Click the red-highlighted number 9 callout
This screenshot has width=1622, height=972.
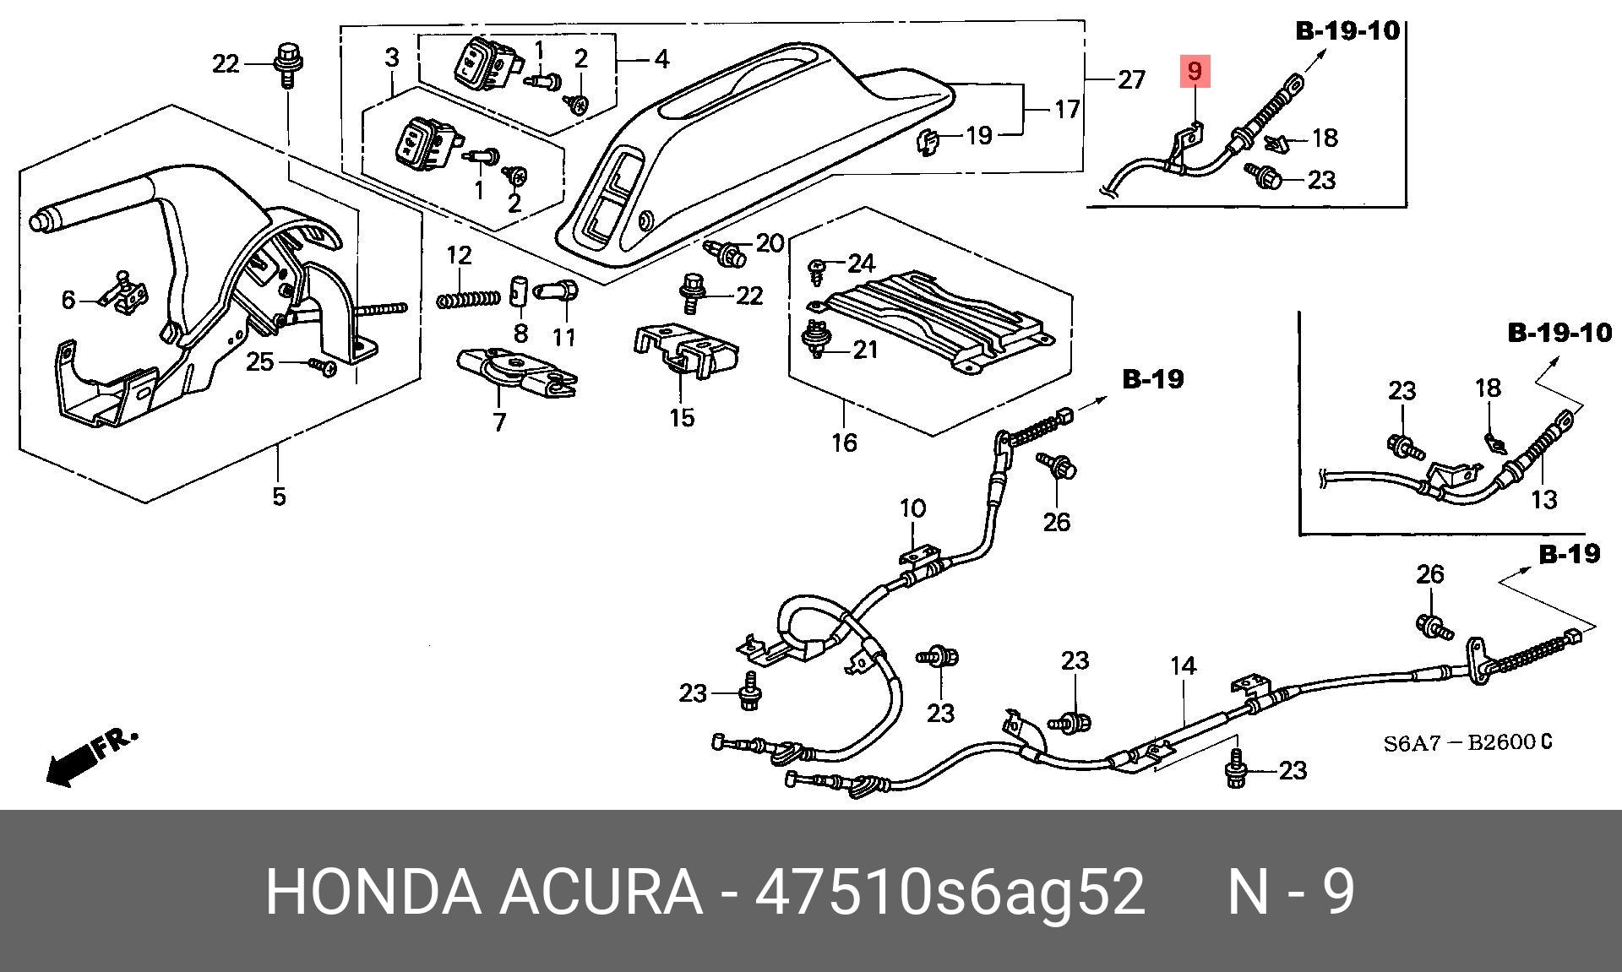1195,71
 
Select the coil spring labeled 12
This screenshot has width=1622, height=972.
470,298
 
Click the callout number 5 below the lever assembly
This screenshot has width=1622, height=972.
280,496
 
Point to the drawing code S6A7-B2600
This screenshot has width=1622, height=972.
1467,743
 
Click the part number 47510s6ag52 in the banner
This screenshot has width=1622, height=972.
950,892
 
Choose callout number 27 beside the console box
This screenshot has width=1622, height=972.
1131,80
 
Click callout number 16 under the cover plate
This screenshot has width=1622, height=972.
844,442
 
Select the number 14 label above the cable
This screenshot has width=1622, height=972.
1183,666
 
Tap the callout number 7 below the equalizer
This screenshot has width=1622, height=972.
499,421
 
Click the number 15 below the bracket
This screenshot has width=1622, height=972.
682,417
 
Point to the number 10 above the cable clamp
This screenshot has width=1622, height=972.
912,508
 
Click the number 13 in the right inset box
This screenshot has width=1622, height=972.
1543,499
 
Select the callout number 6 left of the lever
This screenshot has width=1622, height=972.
68,300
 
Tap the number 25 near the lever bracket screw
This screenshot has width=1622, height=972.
259,362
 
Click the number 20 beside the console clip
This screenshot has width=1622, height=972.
770,243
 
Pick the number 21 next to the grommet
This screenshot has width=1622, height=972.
865,349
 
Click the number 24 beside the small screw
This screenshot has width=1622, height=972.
861,263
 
